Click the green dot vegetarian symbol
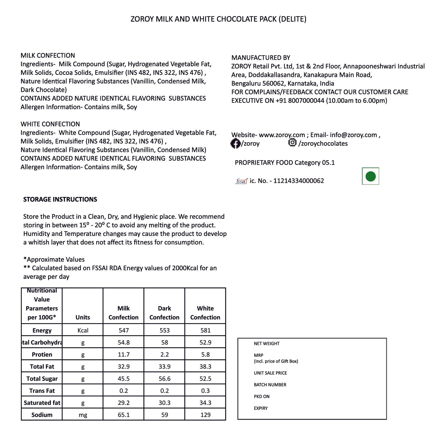(x=370, y=176)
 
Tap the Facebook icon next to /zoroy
(x=235, y=144)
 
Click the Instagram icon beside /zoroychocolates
(x=292, y=142)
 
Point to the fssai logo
(x=242, y=181)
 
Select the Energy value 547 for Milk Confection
(x=124, y=330)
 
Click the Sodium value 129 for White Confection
(x=205, y=415)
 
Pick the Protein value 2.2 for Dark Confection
(x=164, y=355)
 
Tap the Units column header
(x=83, y=317)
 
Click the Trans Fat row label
(x=42, y=391)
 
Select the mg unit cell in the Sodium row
(x=83, y=415)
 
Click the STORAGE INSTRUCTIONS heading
(x=60, y=199)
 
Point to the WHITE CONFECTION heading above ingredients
(x=50, y=124)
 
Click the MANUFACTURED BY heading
(x=261, y=58)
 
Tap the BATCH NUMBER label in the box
(x=270, y=385)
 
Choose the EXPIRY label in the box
(x=261, y=408)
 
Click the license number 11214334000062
(x=299, y=181)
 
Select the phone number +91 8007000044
(x=300, y=101)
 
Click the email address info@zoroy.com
(x=353, y=135)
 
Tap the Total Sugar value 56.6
(x=164, y=379)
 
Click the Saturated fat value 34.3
(x=205, y=403)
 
